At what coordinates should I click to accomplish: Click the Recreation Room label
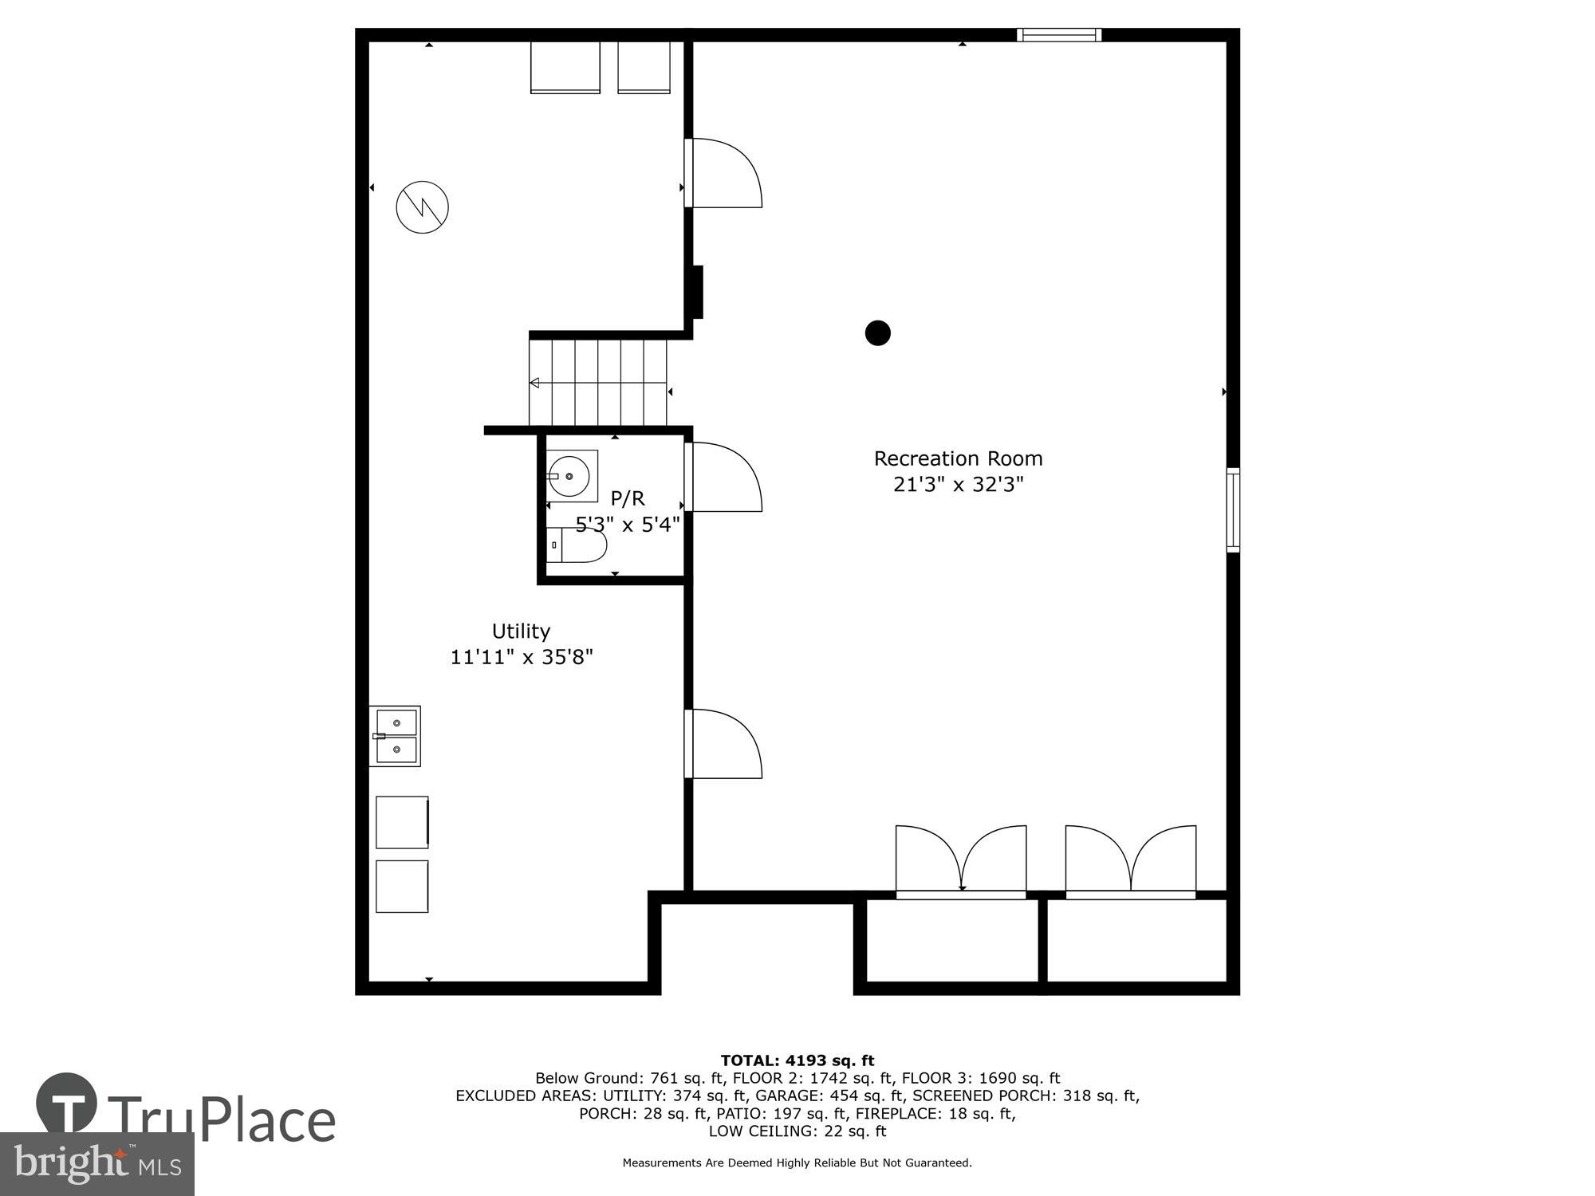pyautogui.click(x=958, y=458)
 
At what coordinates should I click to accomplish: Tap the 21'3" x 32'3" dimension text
pyautogui.click(x=958, y=485)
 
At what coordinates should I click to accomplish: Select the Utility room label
pyautogui.click(x=521, y=631)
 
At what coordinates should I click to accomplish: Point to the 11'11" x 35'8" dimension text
pyautogui.click(x=522, y=658)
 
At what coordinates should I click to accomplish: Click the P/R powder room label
pyautogui.click(x=627, y=498)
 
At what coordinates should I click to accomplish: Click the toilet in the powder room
pyautogui.click(x=578, y=546)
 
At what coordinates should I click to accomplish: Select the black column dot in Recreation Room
pyautogui.click(x=877, y=332)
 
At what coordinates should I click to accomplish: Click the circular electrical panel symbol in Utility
pyautogui.click(x=423, y=207)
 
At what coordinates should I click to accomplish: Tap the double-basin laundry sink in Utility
pyautogui.click(x=396, y=736)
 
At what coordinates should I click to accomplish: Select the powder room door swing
pyautogui.click(x=724, y=477)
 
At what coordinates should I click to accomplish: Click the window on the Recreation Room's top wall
pyautogui.click(x=1059, y=34)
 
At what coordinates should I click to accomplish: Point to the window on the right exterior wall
pyautogui.click(x=1233, y=510)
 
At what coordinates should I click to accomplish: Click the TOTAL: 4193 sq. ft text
pyautogui.click(x=797, y=1060)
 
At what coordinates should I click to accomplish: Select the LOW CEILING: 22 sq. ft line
pyautogui.click(x=797, y=1131)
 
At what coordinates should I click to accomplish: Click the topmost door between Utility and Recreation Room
pyautogui.click(x=724, y=173)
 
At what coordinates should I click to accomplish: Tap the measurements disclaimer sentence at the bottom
pyautogui.click(x=797, y=1163)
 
